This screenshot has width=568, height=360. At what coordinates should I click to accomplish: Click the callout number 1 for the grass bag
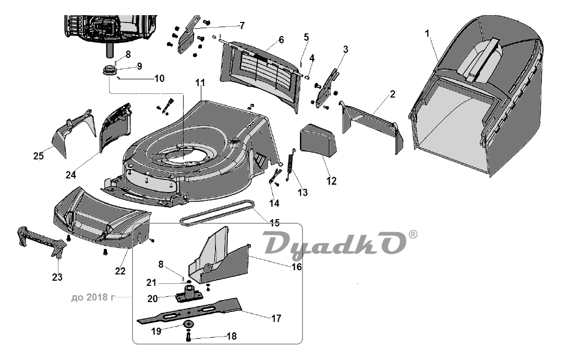(427, 34)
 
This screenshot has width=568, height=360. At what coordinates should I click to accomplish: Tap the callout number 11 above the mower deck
(200, 83)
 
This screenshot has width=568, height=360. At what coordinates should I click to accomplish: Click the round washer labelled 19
(188, 324)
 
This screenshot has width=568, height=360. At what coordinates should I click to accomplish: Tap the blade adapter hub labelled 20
(188, 293)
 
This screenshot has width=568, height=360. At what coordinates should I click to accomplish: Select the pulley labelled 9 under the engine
(108, 70)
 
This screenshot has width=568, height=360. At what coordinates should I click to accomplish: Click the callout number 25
(39, 156)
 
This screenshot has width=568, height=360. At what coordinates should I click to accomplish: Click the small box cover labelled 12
(318, 140)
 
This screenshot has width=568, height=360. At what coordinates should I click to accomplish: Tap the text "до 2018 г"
(93, 297)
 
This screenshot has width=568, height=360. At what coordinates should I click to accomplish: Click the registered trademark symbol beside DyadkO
(413, 235)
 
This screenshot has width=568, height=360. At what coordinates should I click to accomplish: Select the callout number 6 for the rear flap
(282, 40)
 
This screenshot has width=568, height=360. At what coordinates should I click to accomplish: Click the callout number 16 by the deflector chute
(296, 267)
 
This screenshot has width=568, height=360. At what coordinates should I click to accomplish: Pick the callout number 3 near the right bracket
(345, 49)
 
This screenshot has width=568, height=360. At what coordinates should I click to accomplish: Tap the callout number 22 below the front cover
(120, 271)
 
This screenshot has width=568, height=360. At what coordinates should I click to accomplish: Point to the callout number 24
(70, 175)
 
